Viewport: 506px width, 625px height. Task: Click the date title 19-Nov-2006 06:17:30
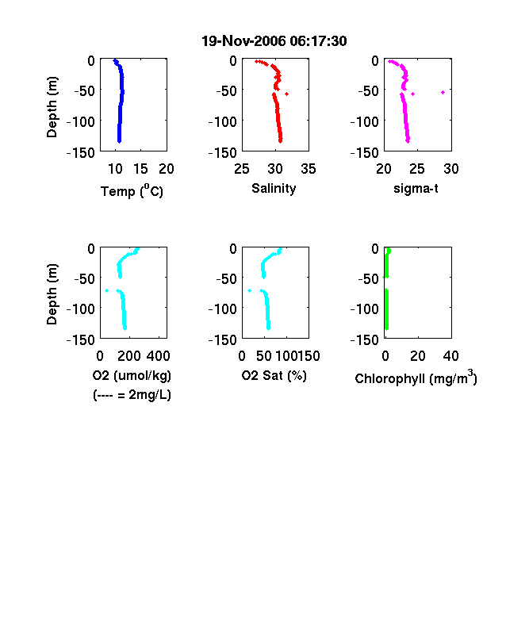pyautogui.click(x=274, y=41)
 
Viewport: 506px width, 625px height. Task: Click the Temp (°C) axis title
pyautogui.click(x=132, y=190)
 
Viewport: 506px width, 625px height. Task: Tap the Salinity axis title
pyautogui.click(x=274, y=188)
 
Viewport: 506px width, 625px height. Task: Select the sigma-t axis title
pyautogui.click(x=416, y=188)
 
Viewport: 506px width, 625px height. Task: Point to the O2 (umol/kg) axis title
pyautogui.click(x=132, y=375)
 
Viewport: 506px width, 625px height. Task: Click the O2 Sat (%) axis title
pyautogui.click(x=274, y=375)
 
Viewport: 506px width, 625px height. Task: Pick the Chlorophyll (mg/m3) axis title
pyautogui.click(x=416, y=378)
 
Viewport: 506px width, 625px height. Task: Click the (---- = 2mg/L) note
pyautogui.click(x=132, y=395)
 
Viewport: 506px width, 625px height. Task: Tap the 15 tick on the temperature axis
pyautogui.click(x=140, y=169)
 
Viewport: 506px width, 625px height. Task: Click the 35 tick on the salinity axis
pyautogui.click(x=309, y=169)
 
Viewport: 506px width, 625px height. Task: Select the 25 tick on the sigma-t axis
pyautogui.click(x=417, y=169)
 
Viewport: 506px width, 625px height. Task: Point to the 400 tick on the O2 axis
pyautogui.click(x=158, y=356)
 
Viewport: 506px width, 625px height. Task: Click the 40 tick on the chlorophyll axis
pyautogui.click(x=450, y=356)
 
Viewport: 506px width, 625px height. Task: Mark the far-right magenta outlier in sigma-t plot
pyautogui.click(x=443, y=93)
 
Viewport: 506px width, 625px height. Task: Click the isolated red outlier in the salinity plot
pyautogui.click(x=287, y=94)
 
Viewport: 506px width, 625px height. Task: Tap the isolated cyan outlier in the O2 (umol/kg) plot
pyautogui.click(x=107, y=290)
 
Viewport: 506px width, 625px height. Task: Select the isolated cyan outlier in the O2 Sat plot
pyautogui.click(x=249, y=290)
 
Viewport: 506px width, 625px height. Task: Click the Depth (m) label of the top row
pyautogui.click(x=52, y=107)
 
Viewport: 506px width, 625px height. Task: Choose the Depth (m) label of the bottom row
pyautogui.click(x=52, y=294)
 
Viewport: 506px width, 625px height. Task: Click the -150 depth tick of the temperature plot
pyautogui.click(x=81, y=152)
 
